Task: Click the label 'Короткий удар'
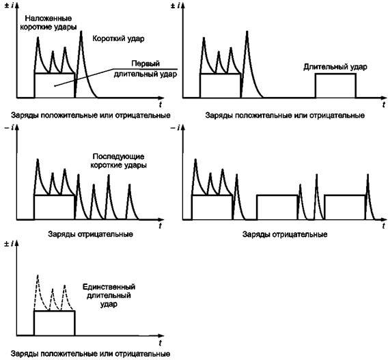click(x=118, y=39)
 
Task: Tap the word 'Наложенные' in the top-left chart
click(x=48, y=18)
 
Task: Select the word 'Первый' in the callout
click(x=145, y=64)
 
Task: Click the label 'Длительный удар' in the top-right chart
click(x=335, y=67)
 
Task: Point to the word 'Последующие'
click(x=118, y=156)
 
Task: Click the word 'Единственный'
click(x=109, y=287)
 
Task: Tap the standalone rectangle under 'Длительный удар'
click(x=335, y=85)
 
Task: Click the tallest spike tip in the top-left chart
click(x=81, y=31)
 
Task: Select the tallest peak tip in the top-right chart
click(x=247, y=31)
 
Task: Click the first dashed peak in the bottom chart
click(x=38, y=275)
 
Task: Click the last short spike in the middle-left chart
click(x=129, y=184)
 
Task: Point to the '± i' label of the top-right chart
click(x=176, y=5)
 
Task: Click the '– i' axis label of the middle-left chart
click(x=10, y=128)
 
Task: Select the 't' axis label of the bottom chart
click(x=161, y=343)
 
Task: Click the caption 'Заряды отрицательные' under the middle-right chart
click(x=285, y=234)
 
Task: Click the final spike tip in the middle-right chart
click(x=368, y=175)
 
